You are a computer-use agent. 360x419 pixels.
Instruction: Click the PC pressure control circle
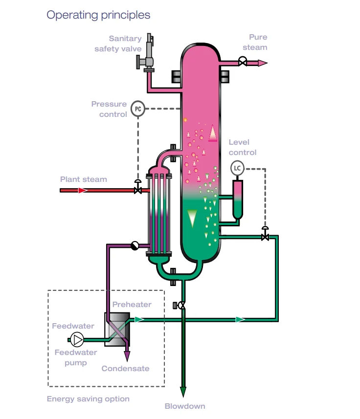coord(138,109)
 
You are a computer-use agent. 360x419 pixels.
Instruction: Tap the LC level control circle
coord(237,168)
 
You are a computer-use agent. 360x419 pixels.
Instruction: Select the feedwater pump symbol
coord(77,340)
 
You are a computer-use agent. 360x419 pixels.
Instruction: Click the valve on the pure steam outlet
coord(243,62)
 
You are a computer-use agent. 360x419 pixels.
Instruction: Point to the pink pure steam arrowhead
coord(263,63)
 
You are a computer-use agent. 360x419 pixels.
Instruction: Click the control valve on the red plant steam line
coord(138,187)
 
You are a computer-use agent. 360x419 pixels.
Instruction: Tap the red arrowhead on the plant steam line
coord(83,190)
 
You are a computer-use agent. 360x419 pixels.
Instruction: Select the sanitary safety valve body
coord(146,53)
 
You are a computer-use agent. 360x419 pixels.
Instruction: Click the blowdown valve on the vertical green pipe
coord(180,305)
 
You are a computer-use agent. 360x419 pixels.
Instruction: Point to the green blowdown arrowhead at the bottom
coord(183,392)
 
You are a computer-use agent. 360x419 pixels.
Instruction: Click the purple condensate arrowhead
coord(127,356)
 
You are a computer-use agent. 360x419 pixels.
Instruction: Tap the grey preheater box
coord(117,330)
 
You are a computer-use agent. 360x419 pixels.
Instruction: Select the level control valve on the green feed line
coord(265,234)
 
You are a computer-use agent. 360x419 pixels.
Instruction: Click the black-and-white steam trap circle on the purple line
coord(135,245)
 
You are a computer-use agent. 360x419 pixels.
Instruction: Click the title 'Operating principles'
coord(98,15)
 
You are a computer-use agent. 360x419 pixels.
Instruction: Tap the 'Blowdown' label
coord(185,406)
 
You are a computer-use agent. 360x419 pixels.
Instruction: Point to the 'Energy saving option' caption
coord(88,399)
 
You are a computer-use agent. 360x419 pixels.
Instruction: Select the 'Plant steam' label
coord(83,179)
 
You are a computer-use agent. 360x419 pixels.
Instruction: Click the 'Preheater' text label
coord(132,305)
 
